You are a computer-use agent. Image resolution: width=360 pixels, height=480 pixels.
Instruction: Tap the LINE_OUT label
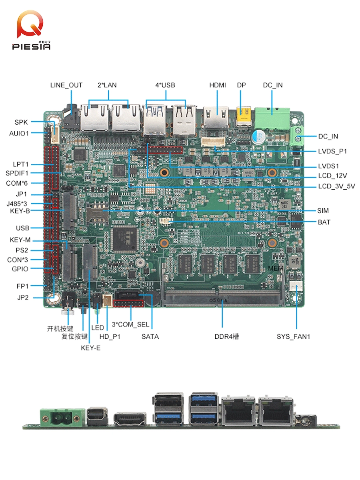pyautogui.click(x=66, y=85)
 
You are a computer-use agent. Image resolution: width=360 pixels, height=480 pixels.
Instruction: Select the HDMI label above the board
pyautogui.click(x=218, y=85)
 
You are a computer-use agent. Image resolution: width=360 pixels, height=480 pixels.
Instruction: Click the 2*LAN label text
pyautogui.click(x=107, y=85)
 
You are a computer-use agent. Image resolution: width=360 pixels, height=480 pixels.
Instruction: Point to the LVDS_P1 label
pyautogui.click(x=332, y=151)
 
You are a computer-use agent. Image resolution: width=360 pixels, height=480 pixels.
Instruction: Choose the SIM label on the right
pyautogui.click(x=323, y=210)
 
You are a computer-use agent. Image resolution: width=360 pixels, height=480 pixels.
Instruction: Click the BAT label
pyautogui.click(x=324, y=222)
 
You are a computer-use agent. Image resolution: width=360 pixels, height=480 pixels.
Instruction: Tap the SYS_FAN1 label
pyautogui.click(x=293, y=336)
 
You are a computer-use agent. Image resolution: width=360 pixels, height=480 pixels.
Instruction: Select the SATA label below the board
pyautogui.click(x=150, y=336)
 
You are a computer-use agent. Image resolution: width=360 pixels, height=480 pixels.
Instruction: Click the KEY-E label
pyautogui.click(x=91, y=348)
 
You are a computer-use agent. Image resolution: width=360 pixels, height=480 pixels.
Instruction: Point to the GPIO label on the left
pyautogui.click(x=20, y=269)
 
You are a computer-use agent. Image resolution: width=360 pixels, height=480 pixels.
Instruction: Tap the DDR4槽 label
pyautogui.click(x=227, y=336)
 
